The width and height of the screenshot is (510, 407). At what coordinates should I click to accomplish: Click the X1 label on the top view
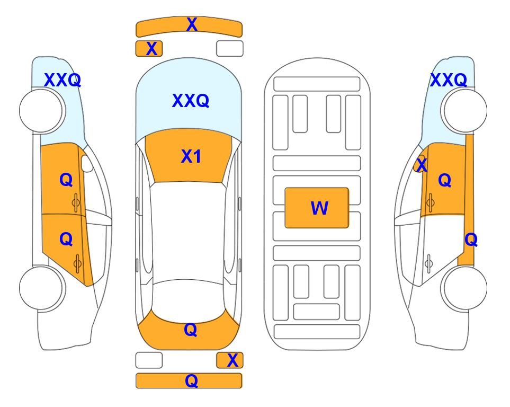click(x=191, y=156)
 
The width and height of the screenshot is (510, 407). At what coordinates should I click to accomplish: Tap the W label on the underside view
click(x=319, y=208)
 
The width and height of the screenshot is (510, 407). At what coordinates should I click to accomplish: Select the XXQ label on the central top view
click(x=191, y=101)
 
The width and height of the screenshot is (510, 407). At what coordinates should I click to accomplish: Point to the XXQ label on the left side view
click(x=62, y=80)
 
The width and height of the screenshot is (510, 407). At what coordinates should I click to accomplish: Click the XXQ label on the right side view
click(x=449, y=80)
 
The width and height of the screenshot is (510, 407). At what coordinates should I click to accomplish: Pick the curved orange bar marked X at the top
click(x=189, y=27)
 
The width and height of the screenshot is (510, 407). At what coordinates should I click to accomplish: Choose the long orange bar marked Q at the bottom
click(x=189, y=381)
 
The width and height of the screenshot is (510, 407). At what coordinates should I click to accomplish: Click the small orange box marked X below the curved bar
click(x=149, y=49)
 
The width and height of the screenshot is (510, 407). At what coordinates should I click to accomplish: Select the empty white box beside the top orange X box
click(x=230, y=49)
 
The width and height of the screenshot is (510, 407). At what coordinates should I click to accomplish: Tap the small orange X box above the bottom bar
click(x=230, y=360)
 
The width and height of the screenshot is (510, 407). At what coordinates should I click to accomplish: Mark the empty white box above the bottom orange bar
click(x=149, y=360)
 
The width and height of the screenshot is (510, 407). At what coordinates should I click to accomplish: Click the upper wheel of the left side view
click(x=41, y=111)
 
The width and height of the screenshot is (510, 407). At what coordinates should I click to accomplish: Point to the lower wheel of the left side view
click(x=41, y=288)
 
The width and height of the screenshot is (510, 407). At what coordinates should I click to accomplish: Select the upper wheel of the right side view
click(x=465, y=111)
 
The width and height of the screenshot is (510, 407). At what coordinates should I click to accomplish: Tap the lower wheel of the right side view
click(x=465, y=288)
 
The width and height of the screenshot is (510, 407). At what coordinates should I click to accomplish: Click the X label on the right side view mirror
click(x=422, y=164)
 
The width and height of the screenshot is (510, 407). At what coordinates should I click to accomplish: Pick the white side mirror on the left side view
click(x=87, y=163)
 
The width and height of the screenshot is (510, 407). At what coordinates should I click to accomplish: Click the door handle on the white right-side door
click(x=429, y=264)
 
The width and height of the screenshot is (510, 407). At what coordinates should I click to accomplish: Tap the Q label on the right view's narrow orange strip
click(x=471, y=240)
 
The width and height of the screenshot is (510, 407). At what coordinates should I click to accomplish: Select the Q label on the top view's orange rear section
click(x=191, y=330)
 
